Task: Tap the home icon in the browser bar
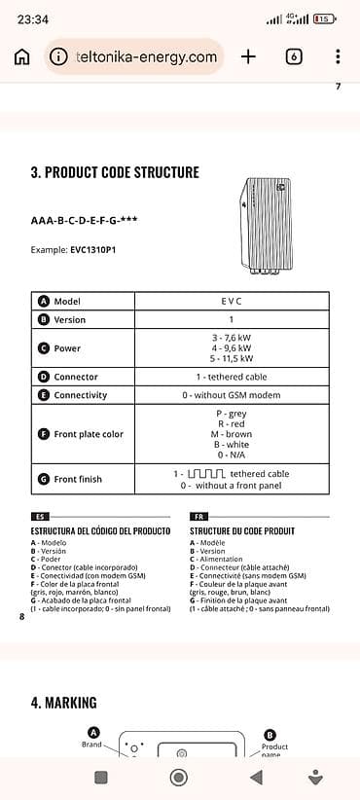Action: click(21, 56)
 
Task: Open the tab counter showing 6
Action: click(294, 56)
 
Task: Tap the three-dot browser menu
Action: click(338, 56)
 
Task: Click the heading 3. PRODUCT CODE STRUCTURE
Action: click(115, 172)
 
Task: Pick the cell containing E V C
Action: click(232, 302)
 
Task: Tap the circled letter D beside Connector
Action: click(43, 377)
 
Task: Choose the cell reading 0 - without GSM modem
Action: click(232, 395)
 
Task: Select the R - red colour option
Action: click(232, 424)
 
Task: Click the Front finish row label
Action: click(78, 479)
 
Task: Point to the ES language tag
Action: click(40, 518)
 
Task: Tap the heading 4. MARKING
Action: click(64, 702)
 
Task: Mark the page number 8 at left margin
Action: click(21, 616)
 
